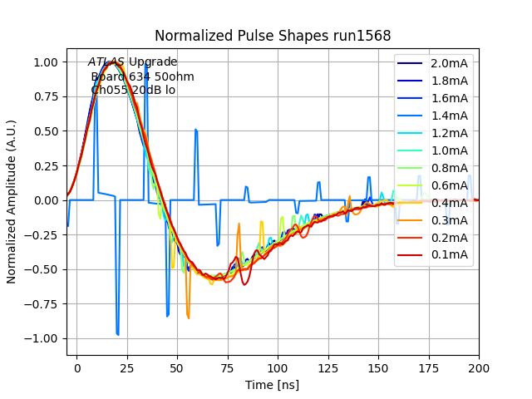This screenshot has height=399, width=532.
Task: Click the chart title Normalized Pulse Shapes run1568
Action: pyautogui.click(x=273, y=36)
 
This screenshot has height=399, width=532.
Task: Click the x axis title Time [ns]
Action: pyautogui.click(x=273, y=385)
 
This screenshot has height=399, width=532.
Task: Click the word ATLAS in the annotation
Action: pyautogui.click(x=106, y=62)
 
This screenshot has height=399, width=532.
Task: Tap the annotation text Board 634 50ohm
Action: pyautogui.click(x=142, y=76)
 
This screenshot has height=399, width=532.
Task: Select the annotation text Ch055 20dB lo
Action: pyautogui.click(x=133, y=91)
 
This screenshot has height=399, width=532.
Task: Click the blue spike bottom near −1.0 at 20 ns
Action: pyautogui.click(x=117, y=334)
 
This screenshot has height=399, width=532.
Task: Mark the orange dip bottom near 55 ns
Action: pyautogui.click(x=189, y=318)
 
